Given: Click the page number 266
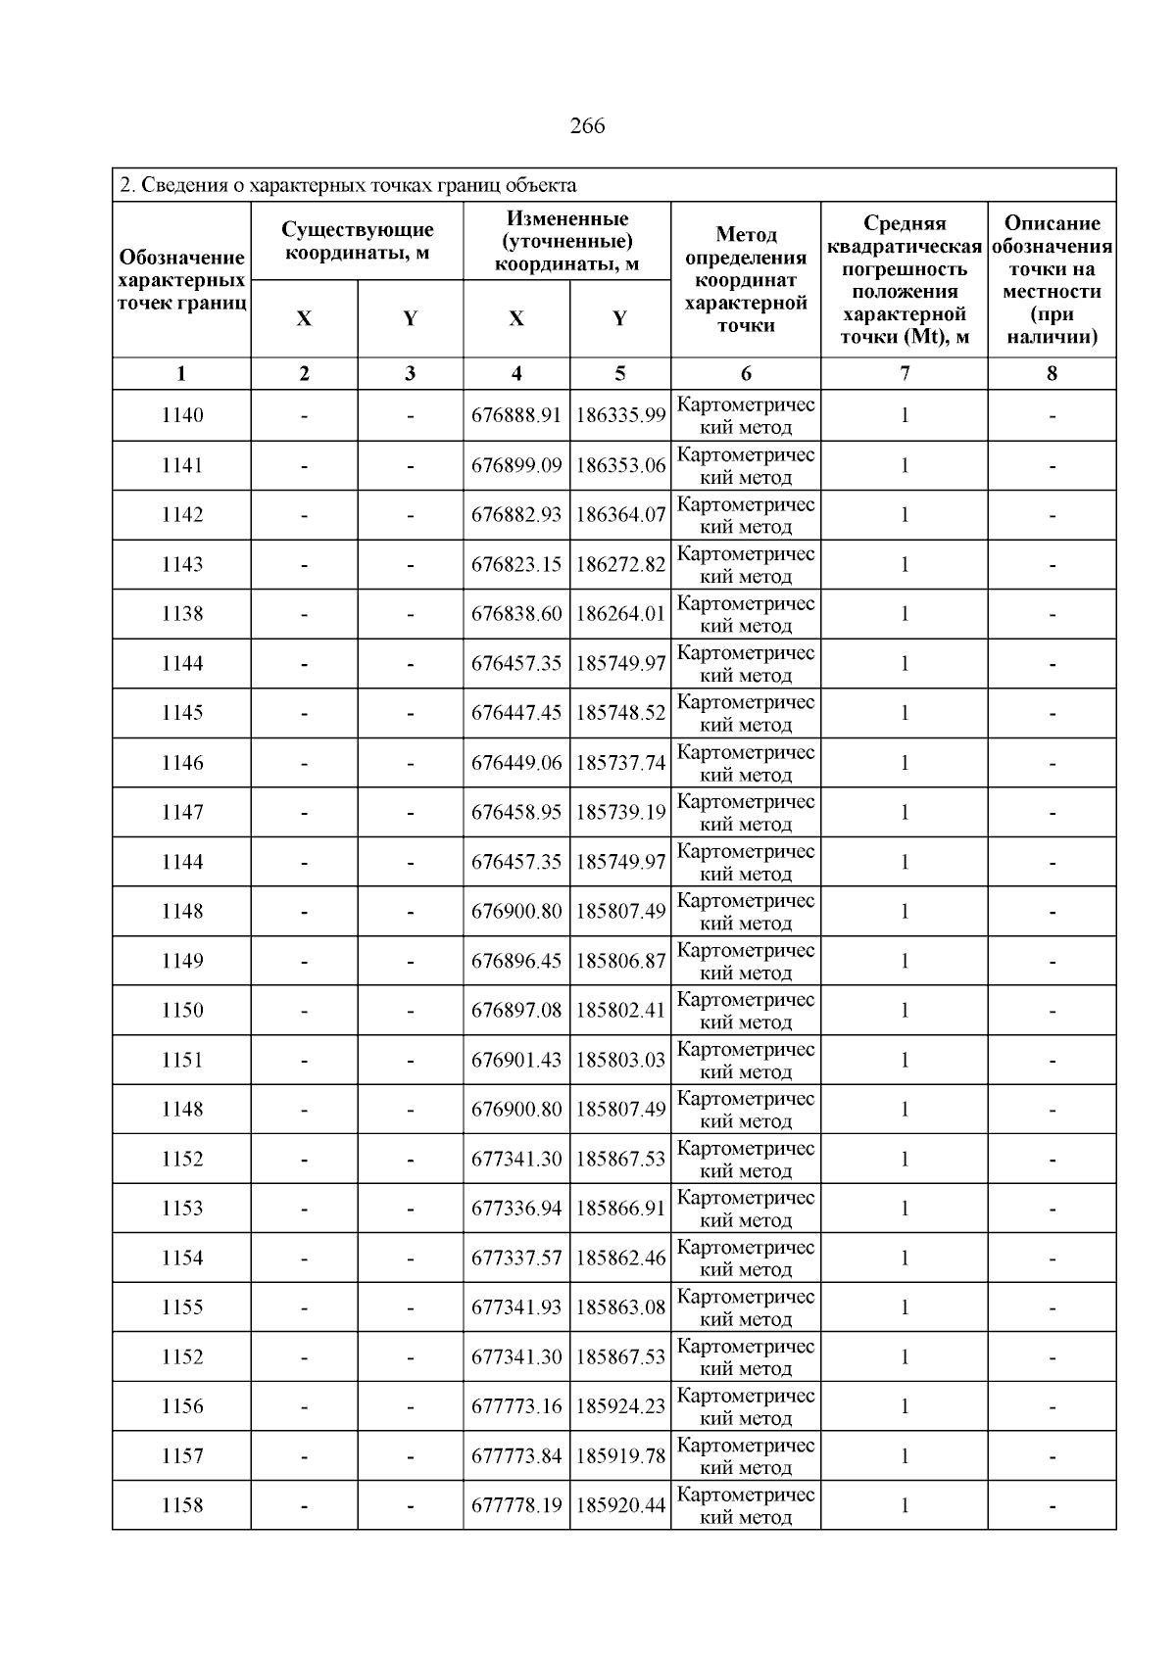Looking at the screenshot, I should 587,126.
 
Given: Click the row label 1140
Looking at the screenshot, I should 182,415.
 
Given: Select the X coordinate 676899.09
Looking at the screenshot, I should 516,465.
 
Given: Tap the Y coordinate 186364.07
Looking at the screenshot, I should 620,515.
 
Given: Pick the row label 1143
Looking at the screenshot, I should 182,564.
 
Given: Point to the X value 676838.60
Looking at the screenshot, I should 516,614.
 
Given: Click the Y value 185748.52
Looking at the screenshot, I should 620,713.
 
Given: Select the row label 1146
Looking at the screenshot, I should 182,763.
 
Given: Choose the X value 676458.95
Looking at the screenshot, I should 516,812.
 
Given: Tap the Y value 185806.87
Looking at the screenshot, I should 620,961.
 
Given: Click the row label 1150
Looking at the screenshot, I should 182,1010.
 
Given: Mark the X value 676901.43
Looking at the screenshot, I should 516,1060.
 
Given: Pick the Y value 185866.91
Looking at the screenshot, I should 620,1209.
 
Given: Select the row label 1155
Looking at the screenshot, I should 182,1307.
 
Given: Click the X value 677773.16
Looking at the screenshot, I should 516,1406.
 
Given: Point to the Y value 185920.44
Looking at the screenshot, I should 620,1505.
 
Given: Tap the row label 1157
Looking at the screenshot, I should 182,1456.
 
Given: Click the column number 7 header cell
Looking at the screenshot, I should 904,373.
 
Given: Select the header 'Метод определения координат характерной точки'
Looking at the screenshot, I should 746,280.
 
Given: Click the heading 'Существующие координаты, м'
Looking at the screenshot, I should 357,241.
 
